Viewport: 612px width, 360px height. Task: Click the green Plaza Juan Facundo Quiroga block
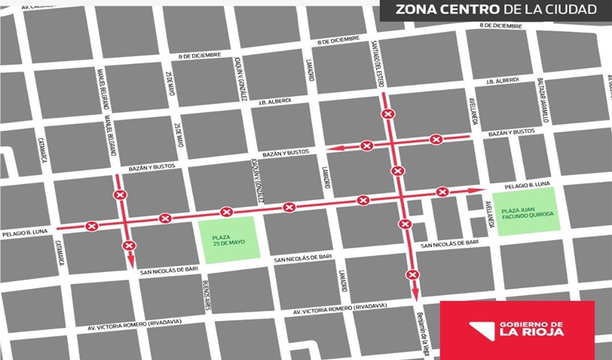(520, 214)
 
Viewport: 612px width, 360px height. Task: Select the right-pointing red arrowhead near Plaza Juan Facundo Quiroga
(480, 190)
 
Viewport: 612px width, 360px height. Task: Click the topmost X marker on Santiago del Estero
(387, 115)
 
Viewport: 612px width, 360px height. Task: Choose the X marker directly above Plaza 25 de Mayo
(226, 212)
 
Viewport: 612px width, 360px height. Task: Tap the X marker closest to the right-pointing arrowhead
(442, 192)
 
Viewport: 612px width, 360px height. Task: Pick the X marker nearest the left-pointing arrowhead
(366, 146)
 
